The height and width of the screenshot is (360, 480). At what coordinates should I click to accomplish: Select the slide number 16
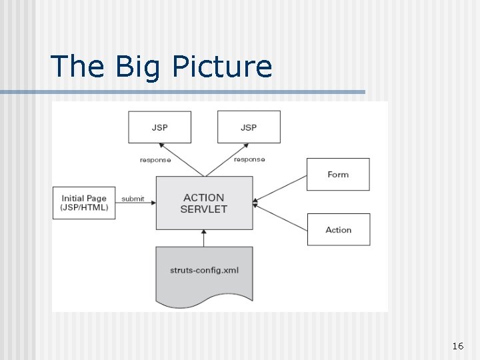click(x=457, y=346)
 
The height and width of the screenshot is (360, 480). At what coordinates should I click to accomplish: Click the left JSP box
click(x=159, y=127)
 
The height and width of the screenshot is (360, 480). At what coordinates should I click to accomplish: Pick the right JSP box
click(x=249, y=127)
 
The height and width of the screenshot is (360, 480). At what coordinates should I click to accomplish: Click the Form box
click(x=338, y=174)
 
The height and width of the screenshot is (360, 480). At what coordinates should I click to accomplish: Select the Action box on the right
click(x=338, y=229)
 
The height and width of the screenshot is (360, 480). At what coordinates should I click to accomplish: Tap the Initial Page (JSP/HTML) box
click(x=84, y=203)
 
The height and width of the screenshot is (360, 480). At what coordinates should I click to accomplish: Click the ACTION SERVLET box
click(x=204, y=203)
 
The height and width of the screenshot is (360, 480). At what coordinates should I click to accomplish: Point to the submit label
click(x=133, y=199)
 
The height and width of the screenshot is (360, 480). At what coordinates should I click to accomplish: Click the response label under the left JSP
click(x=155, y=160)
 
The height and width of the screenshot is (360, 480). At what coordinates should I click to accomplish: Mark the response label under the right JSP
click(x=249, y=159)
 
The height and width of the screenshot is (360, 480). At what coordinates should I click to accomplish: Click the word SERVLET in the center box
click(x=204, y=209)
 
